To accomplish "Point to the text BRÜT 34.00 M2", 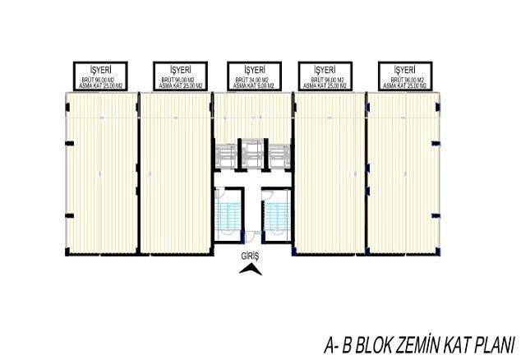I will [254, 79].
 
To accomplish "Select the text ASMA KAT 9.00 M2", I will [254, 85].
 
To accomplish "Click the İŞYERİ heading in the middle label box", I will [254, 69].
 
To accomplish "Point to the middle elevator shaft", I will [253, 155].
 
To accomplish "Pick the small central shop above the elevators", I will [253, 115].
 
